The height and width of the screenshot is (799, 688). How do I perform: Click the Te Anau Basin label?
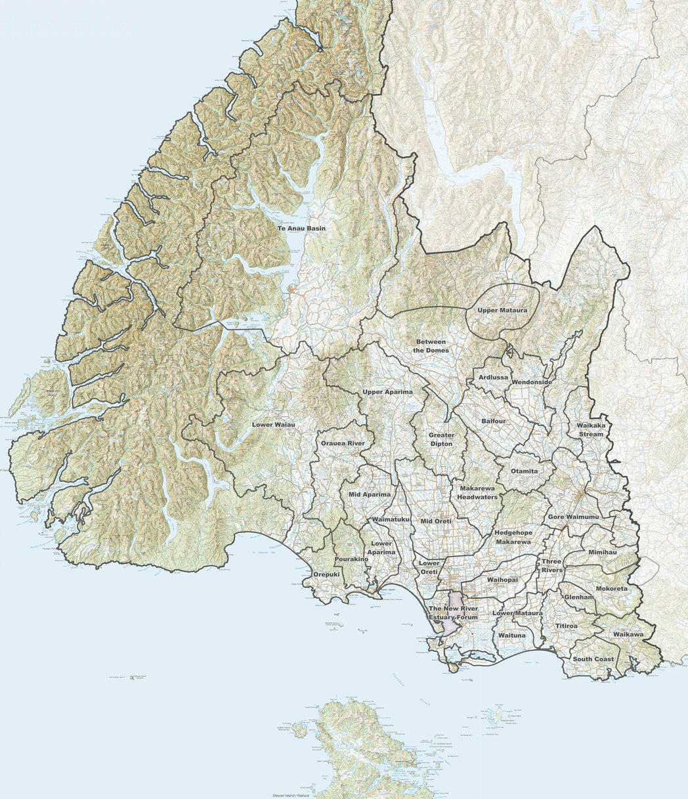coord(301,228)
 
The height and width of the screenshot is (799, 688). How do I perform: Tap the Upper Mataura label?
coord(502,309)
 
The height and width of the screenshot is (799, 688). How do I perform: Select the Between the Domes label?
coord(431,346)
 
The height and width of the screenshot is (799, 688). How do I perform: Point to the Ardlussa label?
coord(493,378)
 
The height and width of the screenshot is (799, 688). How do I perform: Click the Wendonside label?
coord(532,381)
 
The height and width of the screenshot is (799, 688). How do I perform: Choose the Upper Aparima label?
coord(387,392)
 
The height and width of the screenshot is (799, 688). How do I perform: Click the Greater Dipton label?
coord(441,439)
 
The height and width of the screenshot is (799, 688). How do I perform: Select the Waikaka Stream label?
coord(591,429)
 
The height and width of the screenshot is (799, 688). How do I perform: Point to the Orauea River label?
coord(342,444)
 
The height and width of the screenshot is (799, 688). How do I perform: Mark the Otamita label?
coord(525,471)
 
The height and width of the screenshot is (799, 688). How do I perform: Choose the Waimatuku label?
coord(391,519)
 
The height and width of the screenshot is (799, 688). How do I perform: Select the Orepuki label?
coord(326,574)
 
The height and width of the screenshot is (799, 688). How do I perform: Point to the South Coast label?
coord(593,659)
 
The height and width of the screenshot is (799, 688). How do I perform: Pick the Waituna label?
coord(511,636)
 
